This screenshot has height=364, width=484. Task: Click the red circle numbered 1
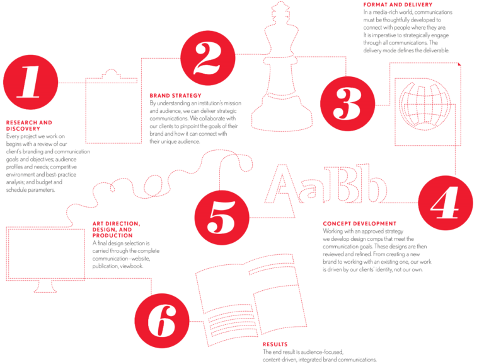pyautogui.click(x=30, y=82)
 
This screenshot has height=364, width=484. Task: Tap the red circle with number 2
pyautogui.click(x=208, y=58)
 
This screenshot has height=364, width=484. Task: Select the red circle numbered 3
pyautogui.click(x=348, y=104)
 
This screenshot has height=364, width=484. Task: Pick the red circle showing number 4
pyautogui.click(x=446, y=203)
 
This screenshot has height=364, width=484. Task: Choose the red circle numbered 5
pyautogui.click(x=222, y=218)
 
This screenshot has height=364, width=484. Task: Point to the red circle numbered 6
pyautogui.click(x=162, y=320)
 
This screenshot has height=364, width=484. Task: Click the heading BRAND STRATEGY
pyautogui.click(x=175, y=96)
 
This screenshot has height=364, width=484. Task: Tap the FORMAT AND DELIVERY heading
pyautogui.click(x=398, y=4)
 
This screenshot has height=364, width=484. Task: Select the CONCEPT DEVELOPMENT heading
pyautogui.click(x=360, y=223)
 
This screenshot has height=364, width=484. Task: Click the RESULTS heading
pyautogui.click(x=275, y=344)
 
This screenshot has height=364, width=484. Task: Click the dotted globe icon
pyautogui.click(x=424, y=104)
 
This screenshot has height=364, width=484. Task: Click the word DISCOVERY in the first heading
pyautogui.click(x=23, y=129)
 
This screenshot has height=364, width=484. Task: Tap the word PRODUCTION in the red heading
pyautogui.click(x=112, y=235)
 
